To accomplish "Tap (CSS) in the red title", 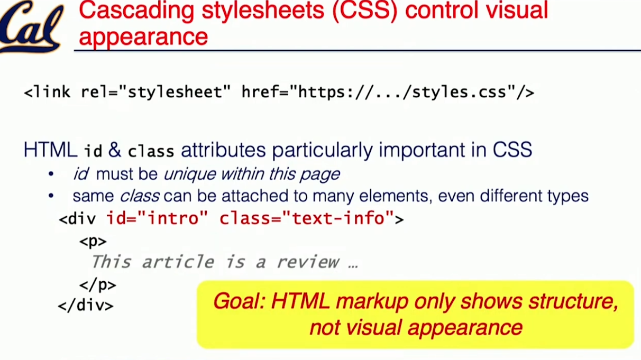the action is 365,11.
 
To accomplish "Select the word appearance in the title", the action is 143,37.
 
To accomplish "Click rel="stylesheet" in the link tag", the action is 155,92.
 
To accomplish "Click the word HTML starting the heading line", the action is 50,150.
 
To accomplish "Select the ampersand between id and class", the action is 115,150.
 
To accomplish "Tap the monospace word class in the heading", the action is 151,151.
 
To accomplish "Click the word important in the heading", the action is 422,150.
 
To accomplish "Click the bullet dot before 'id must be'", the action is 51,174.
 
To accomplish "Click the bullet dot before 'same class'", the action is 51,196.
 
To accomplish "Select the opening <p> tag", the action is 93,242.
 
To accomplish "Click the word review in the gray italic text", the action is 308,262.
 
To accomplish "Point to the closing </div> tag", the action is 86,306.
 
